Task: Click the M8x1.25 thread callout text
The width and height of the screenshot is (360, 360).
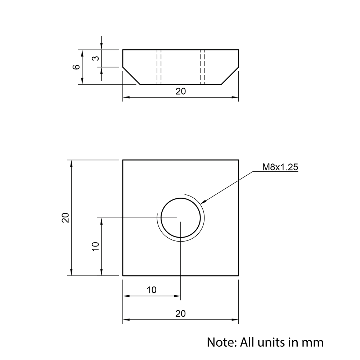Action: [x=280, y=167]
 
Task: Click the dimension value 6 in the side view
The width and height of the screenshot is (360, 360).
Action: [x=76, y=67]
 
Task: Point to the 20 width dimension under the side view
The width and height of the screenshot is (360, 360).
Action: [x=181, y=91]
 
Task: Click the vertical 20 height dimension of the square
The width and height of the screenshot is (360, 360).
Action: [x=66, y=218]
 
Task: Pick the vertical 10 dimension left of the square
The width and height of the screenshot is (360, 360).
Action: [x=95, y=247]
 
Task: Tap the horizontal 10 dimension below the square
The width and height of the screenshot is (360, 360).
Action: [x=152, y=290]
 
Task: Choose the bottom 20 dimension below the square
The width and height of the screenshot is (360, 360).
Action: [x=180, y=314]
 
